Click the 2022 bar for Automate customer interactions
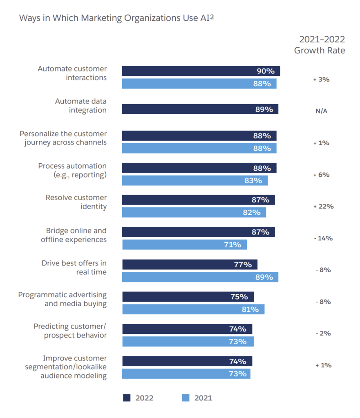pos(201,71)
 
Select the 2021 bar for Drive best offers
pos(200,277)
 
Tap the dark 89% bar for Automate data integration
pos(200,109)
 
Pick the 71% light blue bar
pos(184,245)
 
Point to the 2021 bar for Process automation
pos(195,180)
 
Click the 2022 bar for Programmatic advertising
pos(188,297)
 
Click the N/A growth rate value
pos(321,111)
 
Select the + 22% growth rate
pos(323,207)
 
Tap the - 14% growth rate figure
pos(323,238)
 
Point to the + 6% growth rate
pos(321,175)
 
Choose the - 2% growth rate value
pos(323,334)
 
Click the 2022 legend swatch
pos(127,398)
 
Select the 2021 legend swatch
pos(186,398)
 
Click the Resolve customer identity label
pos(76,202)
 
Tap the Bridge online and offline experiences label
pos(74,235)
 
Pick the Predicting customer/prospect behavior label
pos(70,331)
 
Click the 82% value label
pos(252,212)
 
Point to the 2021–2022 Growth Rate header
pos(320,45)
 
